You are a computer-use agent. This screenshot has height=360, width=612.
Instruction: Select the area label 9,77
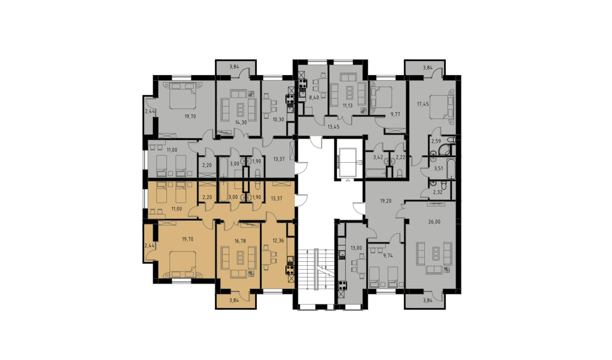click(395, 114)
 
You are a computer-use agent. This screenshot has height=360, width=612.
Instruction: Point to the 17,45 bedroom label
click(423, 104)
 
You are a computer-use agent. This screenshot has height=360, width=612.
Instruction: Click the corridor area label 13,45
click(333, 127)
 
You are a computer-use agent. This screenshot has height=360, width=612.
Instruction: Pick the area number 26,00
click(435, 222)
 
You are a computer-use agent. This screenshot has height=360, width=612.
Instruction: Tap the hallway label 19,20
click(385, 201)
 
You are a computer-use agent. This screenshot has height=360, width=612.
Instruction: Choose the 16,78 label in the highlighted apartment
click(241, 241)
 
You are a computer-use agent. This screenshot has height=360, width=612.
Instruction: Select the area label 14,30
click(241, 122)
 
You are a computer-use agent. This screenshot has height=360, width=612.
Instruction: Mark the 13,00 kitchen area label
click(356, 248)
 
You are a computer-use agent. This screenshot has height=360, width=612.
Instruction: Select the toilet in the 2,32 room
click(444, 186)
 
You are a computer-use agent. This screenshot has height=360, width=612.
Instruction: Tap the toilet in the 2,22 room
click(400, 174)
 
